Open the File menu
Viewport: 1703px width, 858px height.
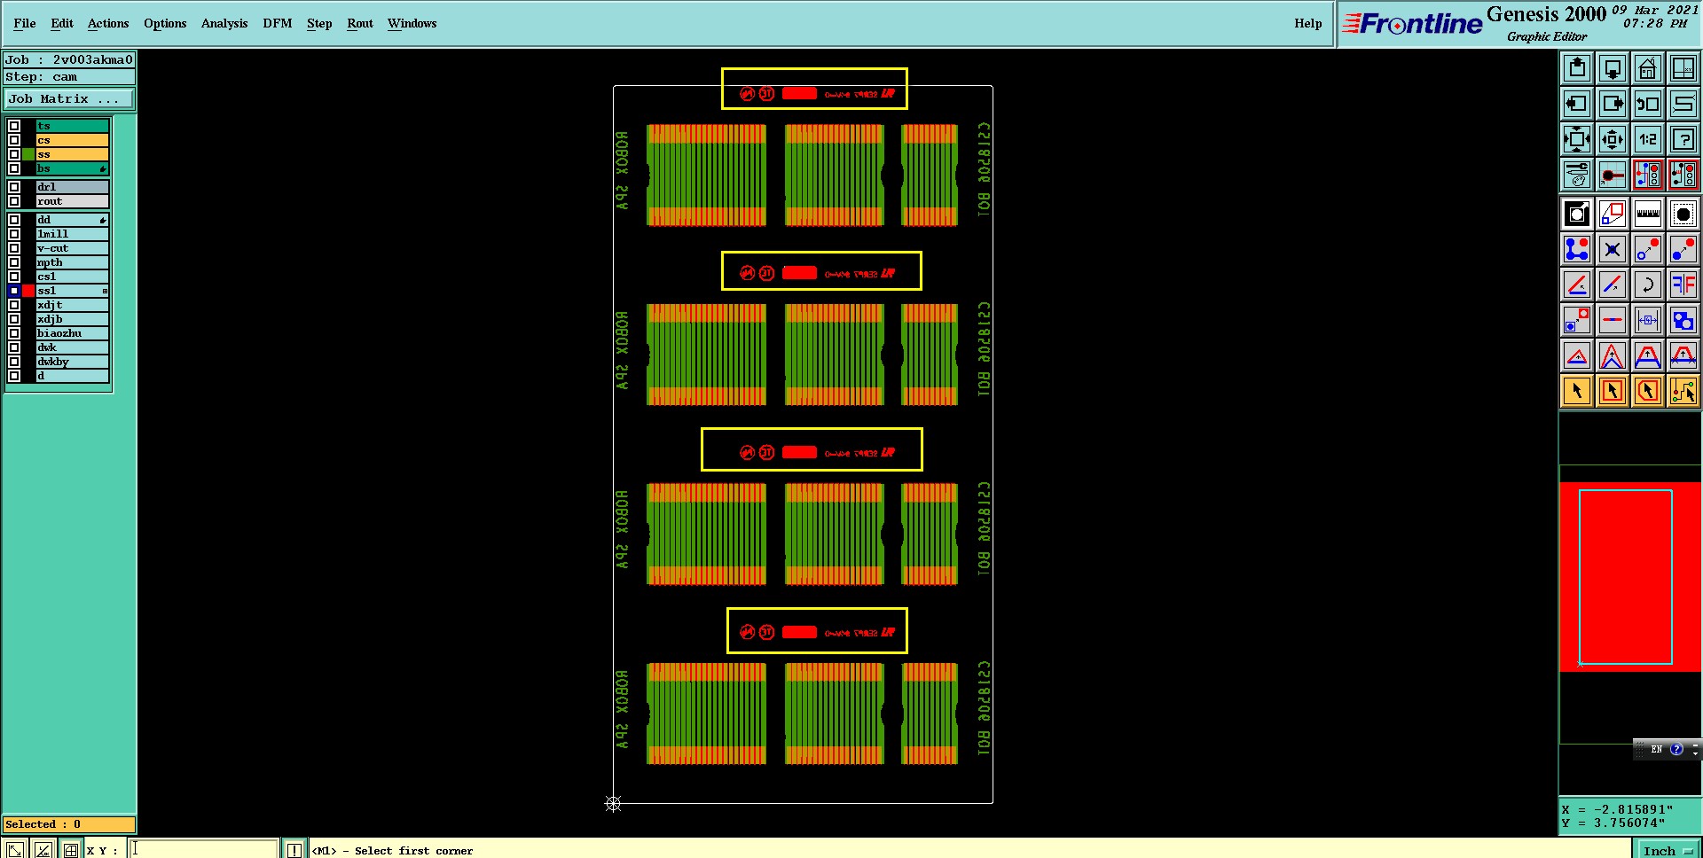click(x=24, y=23)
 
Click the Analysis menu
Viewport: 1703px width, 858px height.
click(x=224, y=23)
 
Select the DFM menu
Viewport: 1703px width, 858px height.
click(x=277, y=23)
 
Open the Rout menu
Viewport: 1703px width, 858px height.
click(x=359, y=23)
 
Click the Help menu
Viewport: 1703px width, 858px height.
click(x=1307, y=23)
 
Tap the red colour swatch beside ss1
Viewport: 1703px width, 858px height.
click(x=28, y=291)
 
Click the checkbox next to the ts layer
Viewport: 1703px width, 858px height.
click(x=14, y=126)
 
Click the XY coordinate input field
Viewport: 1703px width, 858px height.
click(x=204, y=849)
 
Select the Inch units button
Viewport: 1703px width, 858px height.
click(x=1665, y=850)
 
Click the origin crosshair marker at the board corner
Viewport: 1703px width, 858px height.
click(x=613, y=804)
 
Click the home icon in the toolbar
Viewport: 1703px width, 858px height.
click(x=1647, y=68)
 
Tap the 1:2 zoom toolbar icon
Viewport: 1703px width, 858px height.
click(x=1647, y=139)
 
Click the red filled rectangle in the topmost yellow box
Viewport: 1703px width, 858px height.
click(x=799, y=93)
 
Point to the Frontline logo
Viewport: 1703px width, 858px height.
click(x=1413, y=24)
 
